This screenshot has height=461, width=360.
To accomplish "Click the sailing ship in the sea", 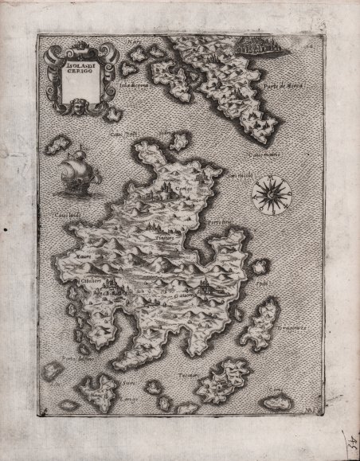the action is pyautogui.click(x=74, y=173).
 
